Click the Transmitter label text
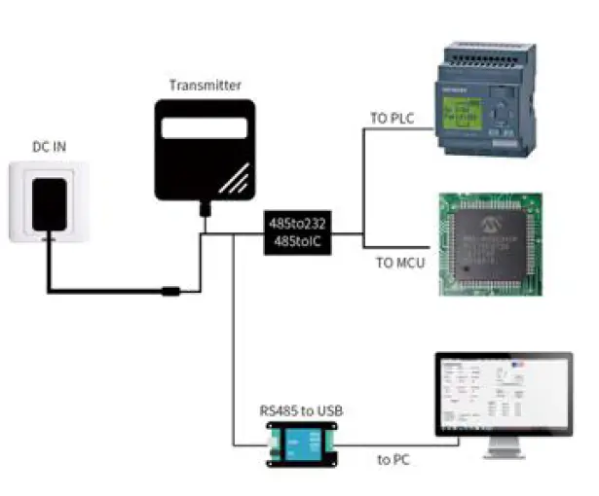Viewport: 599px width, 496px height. point(205,86)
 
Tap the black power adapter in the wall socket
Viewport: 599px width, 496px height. point(49,203)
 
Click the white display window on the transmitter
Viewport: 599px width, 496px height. point(205,127)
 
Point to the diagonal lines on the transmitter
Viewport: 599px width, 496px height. point(231,180)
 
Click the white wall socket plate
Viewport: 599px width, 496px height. point(49,201)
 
